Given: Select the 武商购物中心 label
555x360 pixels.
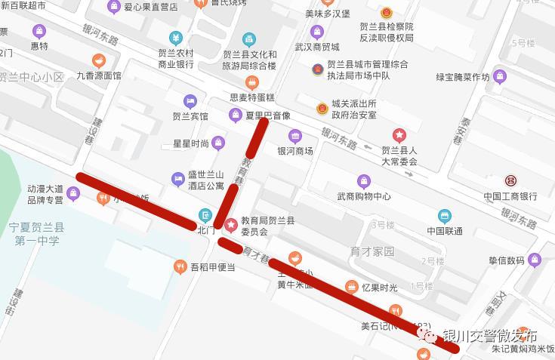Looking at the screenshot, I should [x=364, y=196].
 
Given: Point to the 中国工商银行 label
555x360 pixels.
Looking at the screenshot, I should [x=510, y=196].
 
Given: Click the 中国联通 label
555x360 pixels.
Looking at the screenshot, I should [x=445, y=231].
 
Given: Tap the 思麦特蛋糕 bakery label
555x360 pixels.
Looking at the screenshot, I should [x=253, y=97].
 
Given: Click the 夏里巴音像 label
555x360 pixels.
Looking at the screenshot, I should [x=268, y=115].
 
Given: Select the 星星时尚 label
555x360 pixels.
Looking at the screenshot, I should [x=191, y=143].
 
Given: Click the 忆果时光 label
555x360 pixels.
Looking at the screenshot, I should [x=379, y=287].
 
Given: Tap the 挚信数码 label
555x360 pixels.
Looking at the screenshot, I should [x=506, y=261].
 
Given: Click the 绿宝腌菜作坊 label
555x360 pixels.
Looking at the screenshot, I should [x=463, y=77].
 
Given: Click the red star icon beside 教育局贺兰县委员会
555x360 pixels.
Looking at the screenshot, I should [x=230, y=224].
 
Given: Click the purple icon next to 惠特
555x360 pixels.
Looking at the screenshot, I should [x=39, y=32].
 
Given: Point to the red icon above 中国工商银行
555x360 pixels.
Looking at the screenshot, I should [x=510, y=181].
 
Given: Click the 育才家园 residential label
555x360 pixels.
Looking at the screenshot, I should [x=373, y=251].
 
